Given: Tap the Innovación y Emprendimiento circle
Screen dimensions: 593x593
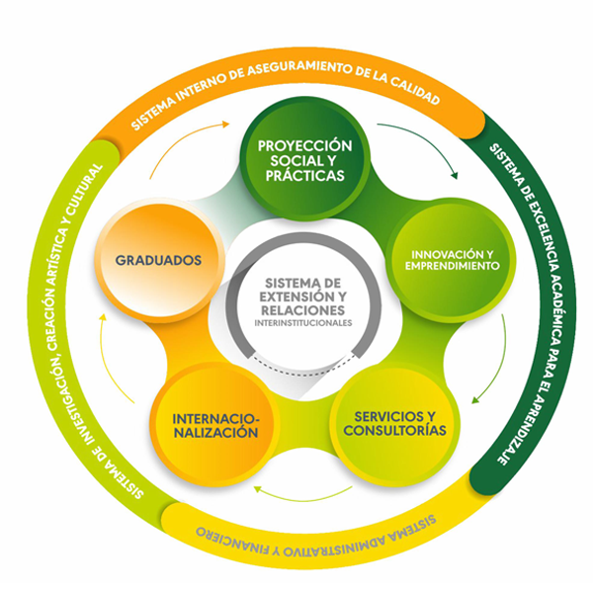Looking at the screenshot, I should tap(451, 260).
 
